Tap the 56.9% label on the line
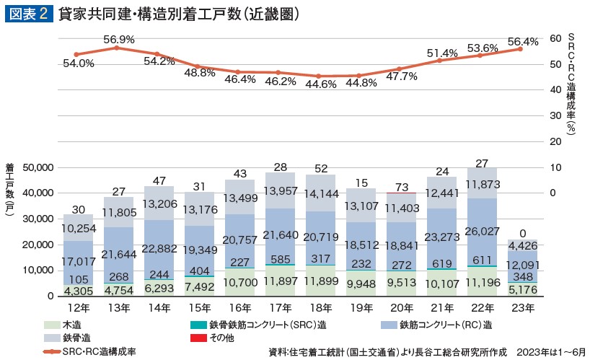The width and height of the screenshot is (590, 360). [119, 40]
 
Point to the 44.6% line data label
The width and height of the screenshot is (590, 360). [320, 84]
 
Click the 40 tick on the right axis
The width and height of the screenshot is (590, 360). [555, 89]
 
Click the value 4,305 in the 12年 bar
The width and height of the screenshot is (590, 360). [79, 291]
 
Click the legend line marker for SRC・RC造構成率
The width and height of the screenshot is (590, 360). [53, 351]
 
